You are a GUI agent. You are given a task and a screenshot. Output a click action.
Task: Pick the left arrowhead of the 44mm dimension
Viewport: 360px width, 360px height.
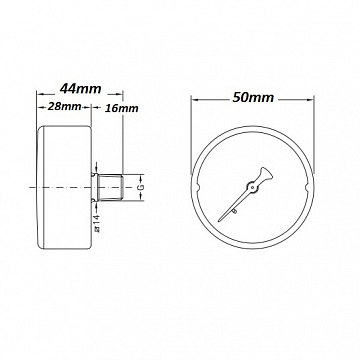coord(38,99)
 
